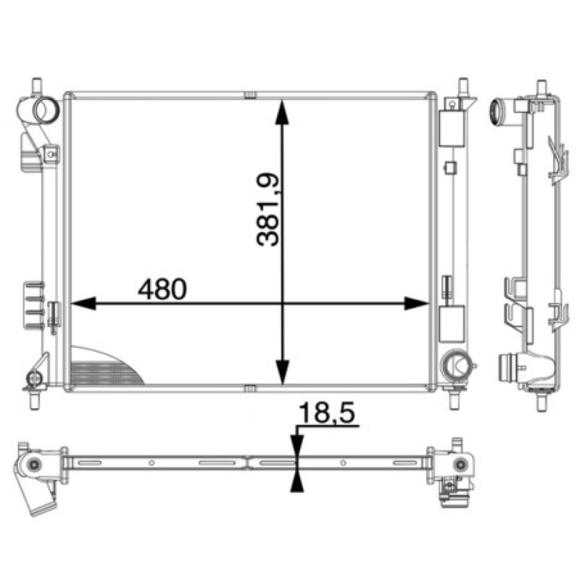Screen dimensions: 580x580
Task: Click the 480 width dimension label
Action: tap(162, 289)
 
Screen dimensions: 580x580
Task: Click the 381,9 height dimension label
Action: tap(268, 210)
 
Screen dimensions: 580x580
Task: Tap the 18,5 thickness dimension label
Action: tap(327, 413)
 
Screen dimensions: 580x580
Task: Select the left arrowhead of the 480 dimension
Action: tap(83, 303)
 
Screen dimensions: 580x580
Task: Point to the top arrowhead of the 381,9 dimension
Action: tap(283, 112)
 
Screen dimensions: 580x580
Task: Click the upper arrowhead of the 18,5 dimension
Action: tap(297, 449)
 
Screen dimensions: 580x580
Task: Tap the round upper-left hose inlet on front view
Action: tap(46, 110)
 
